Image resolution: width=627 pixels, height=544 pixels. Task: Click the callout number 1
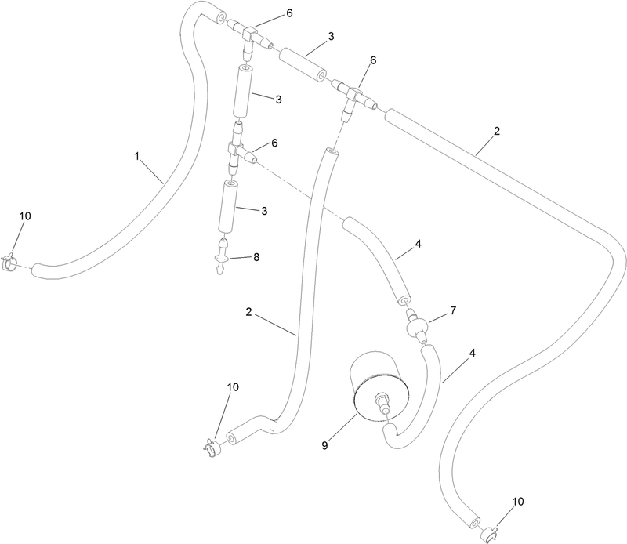click(x=136, y=156)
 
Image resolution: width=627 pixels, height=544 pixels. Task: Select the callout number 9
click(x=324, y=445)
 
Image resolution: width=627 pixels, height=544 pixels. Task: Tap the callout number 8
click(x=256, y=257)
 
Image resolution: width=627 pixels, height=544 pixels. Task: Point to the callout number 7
click(x=453, y=310)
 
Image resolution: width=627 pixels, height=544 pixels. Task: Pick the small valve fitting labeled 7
click(x=416, y=325)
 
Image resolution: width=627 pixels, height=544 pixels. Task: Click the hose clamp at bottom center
click(x=212, y=447)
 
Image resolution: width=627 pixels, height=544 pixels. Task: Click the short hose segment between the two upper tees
click(x=303, y=64)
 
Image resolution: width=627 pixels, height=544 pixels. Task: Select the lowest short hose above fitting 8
click(x=228, y=206)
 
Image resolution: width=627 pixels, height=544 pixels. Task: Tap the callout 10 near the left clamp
click(x=25, y=216)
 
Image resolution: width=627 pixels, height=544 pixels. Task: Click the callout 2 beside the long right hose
click(x=497, y=131)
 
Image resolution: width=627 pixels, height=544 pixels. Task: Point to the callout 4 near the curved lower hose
click(x=473, y=354)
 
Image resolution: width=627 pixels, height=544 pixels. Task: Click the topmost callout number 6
click(x=288, y=13)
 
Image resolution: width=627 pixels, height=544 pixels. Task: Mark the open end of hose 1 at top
click(x=221, y=17)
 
